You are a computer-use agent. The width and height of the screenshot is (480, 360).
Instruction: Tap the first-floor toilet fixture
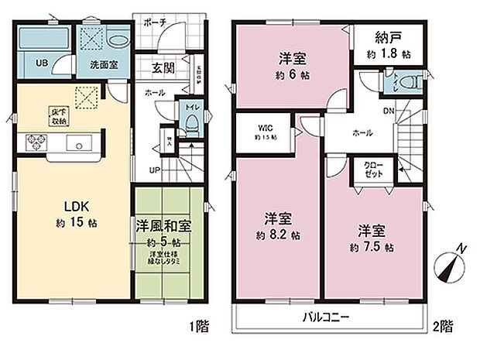(x=190, y=118)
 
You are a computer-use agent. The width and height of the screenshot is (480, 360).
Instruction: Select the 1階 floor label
(x=198, y=327)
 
